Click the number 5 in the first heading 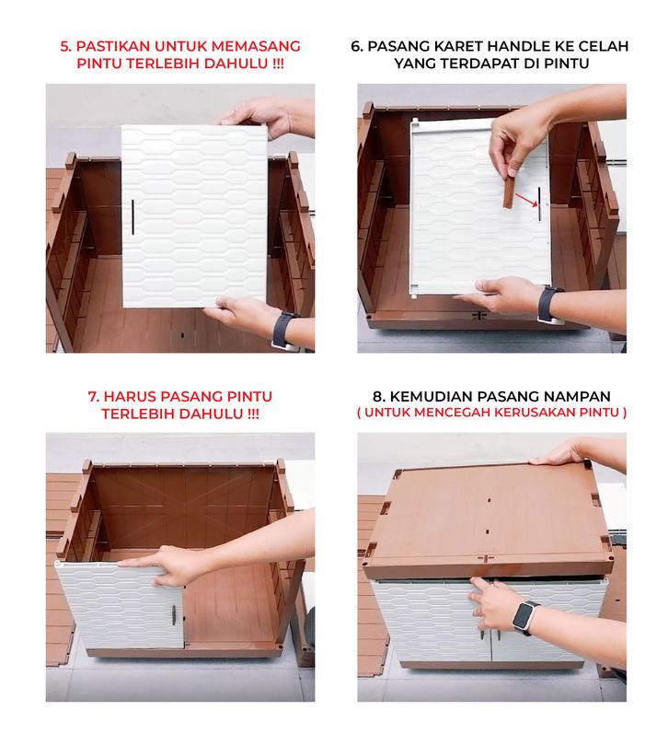tap(65, 46)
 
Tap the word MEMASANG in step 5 tap(256, 46)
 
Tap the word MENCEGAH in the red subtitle tap(450, 412)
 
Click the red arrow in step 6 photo tap(525, 199)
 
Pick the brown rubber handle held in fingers tap(509, 192)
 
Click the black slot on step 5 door tap(132, 216)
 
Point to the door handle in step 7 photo tap(175, 613)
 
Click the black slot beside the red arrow tap(539, 204)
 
